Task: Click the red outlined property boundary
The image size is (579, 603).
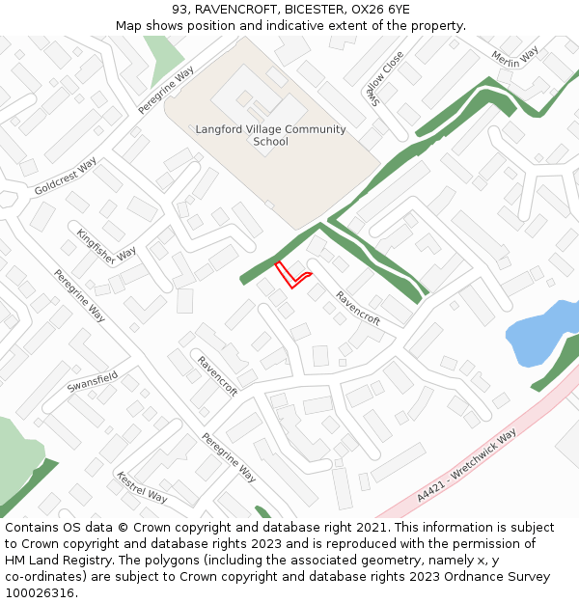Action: tap(290, 275)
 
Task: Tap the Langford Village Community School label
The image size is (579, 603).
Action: tap(270, 135)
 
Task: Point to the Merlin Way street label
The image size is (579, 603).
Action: tap(513, 58)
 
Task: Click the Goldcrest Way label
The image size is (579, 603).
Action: tap(66, 177)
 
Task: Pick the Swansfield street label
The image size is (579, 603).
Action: tap(93, 380)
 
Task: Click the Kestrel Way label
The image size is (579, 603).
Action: tap(142, 487)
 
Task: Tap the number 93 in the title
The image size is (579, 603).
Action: tap(180, 10)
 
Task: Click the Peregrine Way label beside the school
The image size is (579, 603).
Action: tap(166, 90)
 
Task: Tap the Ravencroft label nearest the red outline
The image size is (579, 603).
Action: tap(357, 307)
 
